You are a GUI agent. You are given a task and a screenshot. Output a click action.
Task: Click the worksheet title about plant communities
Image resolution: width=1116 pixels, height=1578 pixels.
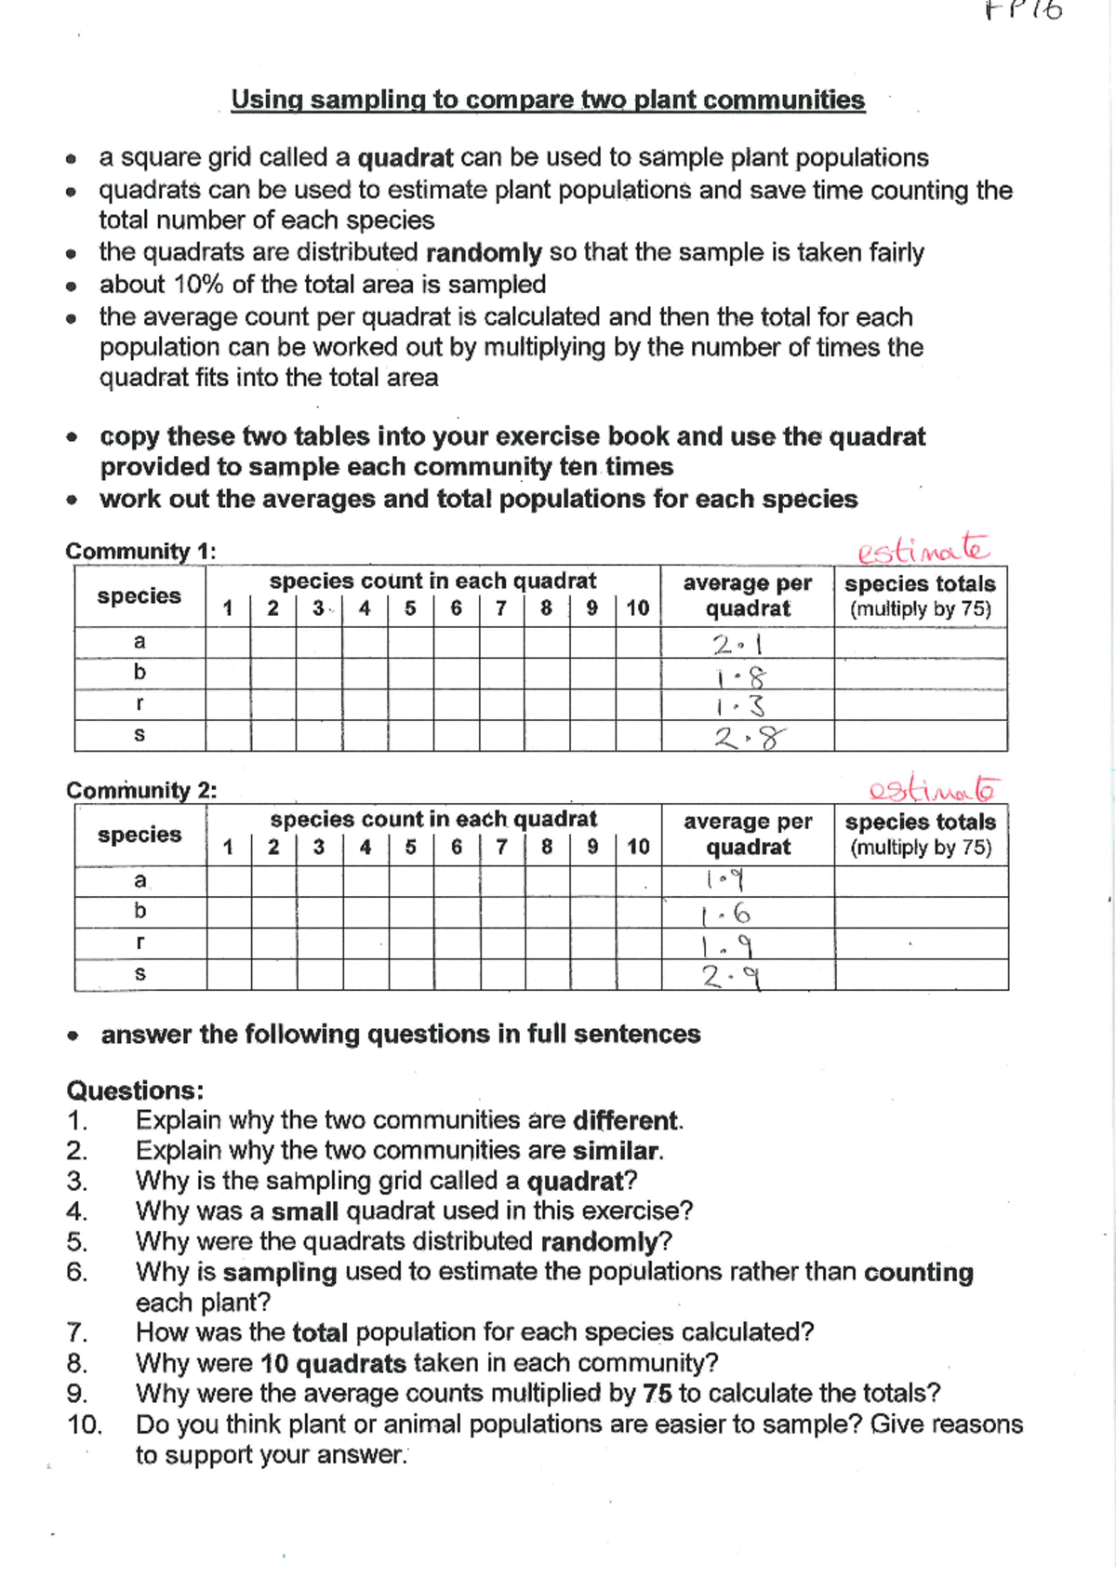[x=548, y=100]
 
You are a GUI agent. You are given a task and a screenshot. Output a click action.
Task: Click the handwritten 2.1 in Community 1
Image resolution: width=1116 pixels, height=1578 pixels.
[x=737, y=644]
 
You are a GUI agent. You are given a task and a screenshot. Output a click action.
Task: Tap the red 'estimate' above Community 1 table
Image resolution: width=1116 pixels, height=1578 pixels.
[x=923, y=549]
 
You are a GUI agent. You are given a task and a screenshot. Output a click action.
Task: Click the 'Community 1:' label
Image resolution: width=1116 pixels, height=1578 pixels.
[x=140, y=551]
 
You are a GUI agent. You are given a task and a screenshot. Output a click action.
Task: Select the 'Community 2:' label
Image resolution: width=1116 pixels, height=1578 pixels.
[x=141, y=790]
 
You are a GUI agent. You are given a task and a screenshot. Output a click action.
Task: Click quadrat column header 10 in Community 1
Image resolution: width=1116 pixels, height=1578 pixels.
[x=637, y=608]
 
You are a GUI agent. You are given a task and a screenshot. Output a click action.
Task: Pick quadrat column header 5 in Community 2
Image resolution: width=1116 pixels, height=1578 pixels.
[x=410, y=847]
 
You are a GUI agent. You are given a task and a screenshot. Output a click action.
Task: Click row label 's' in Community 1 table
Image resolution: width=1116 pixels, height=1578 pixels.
[x=139, y=735]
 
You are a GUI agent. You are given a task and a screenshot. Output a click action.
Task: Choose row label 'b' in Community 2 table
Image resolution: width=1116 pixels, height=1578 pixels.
[x=139, y=911]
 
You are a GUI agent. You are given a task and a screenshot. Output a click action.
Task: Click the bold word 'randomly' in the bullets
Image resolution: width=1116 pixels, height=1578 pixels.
[x=484, y=253]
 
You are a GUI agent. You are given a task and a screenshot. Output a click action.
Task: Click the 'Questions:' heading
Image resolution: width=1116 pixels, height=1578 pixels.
[x=135, y=1090]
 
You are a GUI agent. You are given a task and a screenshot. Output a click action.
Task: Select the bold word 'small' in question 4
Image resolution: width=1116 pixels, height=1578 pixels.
[x=305, y=1211]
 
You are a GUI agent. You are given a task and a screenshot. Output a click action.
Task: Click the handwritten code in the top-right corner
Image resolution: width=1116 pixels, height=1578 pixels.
[x=1023, y=11]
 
